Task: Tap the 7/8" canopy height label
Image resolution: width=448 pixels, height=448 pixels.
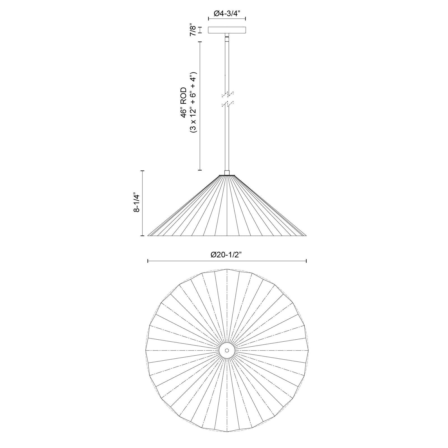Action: (193, 30)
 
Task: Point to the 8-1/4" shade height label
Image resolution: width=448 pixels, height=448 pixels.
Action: (137, 203)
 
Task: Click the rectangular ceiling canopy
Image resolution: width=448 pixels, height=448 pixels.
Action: (227, 30)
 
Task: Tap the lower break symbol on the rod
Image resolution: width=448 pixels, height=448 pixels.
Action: (227, 104)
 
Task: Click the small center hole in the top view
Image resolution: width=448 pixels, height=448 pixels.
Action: (227, 350)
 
